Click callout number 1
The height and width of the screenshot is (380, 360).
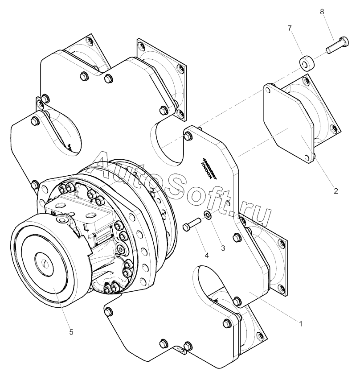[301, 324]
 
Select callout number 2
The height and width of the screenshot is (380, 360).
[336, 191]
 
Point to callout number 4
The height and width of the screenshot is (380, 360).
[206, 256]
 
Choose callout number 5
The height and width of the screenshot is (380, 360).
[71, 332]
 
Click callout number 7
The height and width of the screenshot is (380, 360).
[290, 29]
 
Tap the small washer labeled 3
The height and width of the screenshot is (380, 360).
[208, 216]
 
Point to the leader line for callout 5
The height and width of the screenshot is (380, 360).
[62, 308]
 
